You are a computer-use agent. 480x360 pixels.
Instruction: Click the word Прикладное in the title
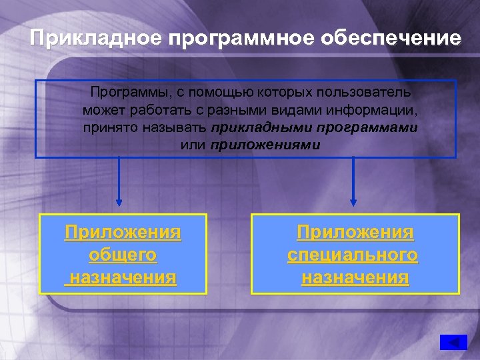(x=96, y=38)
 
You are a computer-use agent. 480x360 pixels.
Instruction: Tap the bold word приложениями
(x=265, y=145)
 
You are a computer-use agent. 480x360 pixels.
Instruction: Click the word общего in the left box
(x=123, y=255)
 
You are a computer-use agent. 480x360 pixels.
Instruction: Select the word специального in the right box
(x=353, y=255)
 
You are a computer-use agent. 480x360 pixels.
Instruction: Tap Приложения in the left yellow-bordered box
(x=123, y=233)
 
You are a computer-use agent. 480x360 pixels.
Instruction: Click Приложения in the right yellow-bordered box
(x=355, y=233)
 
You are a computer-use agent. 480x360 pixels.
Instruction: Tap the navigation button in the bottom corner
(x=453, y=342)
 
